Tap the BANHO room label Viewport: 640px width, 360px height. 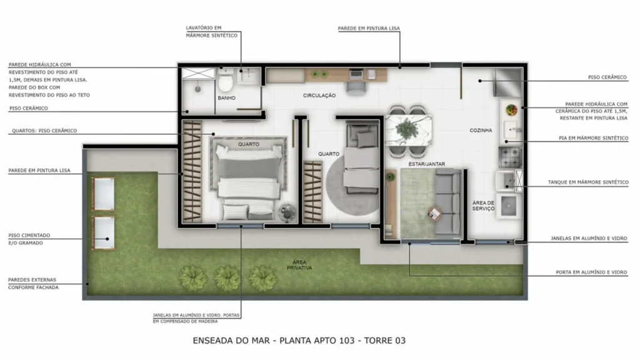(x=226, y=98)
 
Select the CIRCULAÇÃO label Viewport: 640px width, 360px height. (x=319, y=96)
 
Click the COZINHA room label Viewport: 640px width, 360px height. (x=481, y=130)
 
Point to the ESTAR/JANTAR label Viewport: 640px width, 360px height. (x=427, y=164)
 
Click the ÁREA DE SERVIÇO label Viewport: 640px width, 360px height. (x=483, y=205)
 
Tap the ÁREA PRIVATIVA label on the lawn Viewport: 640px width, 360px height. (x=299, y=265)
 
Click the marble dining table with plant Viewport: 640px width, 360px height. (x=408, y=130)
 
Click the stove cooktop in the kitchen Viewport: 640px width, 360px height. (x=510, y=157)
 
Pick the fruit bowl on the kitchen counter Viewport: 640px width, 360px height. (x=511, y=110)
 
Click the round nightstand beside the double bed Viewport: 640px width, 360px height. (x=287, y=212)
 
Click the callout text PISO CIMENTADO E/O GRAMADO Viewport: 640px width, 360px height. (x=29, y=239)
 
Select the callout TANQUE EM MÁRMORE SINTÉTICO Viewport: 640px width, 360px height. (x=588, y=182)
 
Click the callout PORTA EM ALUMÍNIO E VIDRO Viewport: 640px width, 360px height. (x=591, y=272)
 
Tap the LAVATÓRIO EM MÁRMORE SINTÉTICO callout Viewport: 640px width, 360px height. (x=211, y=31)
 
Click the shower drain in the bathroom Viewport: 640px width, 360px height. (x=198, y=89)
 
